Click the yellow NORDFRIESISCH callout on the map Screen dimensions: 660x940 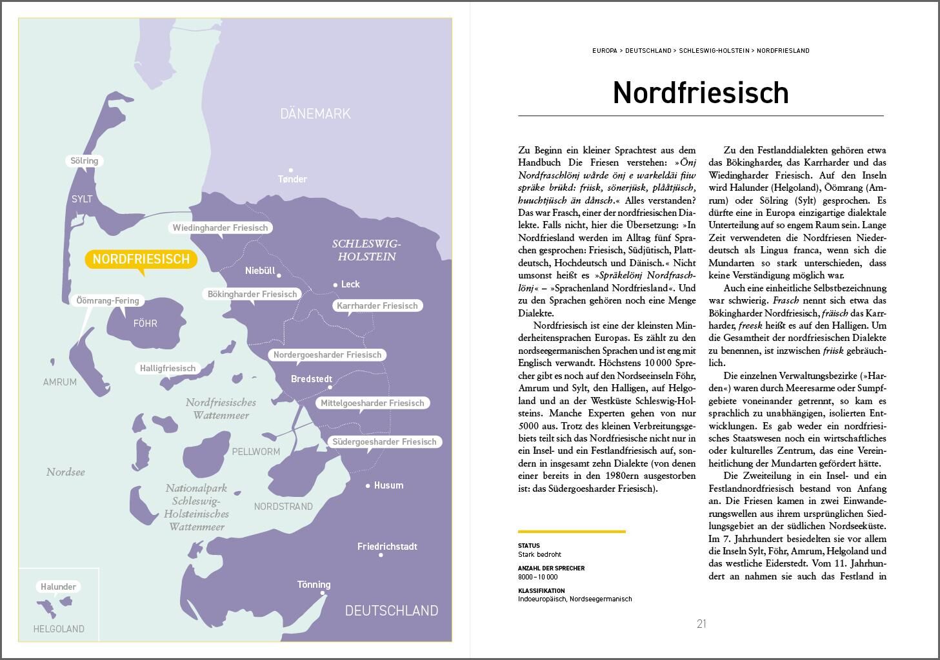(141, 259)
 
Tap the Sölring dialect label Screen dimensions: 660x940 (84, 161)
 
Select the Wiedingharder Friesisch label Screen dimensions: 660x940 (220, 228)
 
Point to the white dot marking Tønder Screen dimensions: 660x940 (291, 170)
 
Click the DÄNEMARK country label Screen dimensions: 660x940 (315, 114)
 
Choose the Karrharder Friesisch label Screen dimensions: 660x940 (377, 306)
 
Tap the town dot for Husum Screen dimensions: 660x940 (368, 486)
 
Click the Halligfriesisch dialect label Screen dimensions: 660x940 (168, 369)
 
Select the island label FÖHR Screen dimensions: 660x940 (145, 324)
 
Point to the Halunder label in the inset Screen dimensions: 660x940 (58, 587)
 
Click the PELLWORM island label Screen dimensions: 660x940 (256, 452)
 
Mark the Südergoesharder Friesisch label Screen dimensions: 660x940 (384, 442)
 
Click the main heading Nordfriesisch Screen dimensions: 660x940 (701, 93)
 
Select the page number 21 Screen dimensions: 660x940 (701, 624)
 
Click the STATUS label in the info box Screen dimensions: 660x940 (528, 546)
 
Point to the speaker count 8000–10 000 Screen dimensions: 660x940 (537, 577)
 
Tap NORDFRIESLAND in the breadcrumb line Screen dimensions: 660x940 (783, 50)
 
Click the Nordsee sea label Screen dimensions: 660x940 (66, 472)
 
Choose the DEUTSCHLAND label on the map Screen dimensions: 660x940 (392, 610)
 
